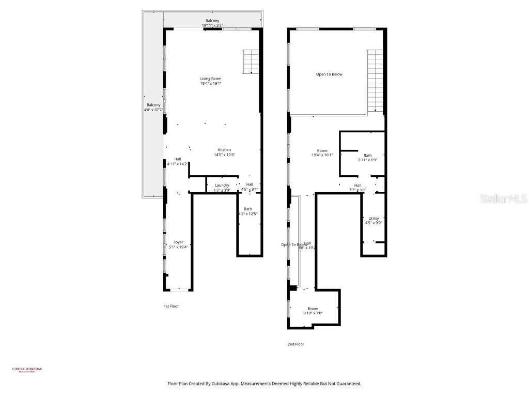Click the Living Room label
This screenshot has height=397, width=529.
(x=211, y=81)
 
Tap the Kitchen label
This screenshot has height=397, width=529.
(x=224, y=152)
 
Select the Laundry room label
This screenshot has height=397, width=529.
(x=222, y=187)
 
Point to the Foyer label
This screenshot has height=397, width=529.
(x=178, y=245)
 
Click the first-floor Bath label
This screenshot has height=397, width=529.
(x=247, y=211)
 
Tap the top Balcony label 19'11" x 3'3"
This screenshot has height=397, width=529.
(x=212, y=23)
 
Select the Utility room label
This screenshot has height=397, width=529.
(x=374, y=221)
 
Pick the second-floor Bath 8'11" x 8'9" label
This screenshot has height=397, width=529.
(x=367, y=158)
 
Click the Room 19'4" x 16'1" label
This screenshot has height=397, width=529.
(x=322, y=152)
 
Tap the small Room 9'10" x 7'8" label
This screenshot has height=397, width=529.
(x=313, y=311)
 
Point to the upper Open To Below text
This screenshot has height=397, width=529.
(x=329, y=74)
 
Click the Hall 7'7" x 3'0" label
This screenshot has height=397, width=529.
(x=357, y=187)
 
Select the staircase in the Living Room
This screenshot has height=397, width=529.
(x=251, y=62)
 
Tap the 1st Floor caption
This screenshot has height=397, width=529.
(x=171, y=306)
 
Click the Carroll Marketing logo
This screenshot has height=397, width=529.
(x=27, y=370)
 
